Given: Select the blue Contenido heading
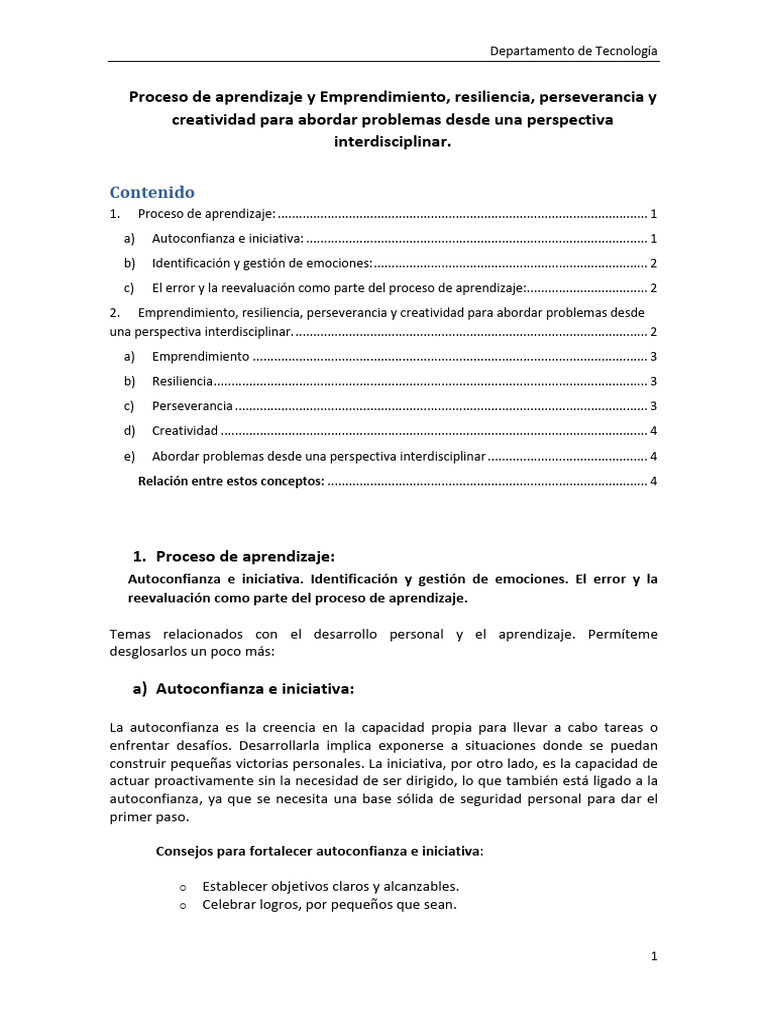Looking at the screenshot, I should click(x=152, y=192).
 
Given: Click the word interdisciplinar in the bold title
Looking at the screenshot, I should click(x=392, y=142).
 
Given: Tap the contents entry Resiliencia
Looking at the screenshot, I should click(x=182, y=381).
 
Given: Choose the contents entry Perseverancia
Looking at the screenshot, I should click(x=192, y=406).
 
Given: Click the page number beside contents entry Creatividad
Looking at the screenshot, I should click(x=653, y=431).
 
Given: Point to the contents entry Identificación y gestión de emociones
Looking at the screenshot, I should click(x=261, y=263).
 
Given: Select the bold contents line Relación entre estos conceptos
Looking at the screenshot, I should click(x=231, y=481).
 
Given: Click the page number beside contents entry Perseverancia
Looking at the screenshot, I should click(x=653, y=406).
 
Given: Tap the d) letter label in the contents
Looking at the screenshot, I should click(x=129, y=431).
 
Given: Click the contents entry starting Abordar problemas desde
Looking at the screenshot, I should click(x=318, y=456).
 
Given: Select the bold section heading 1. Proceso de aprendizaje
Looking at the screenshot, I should click(x=234, y=556).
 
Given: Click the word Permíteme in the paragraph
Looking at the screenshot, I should click(x=623, y=634).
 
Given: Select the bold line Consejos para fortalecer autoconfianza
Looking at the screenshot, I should click(x=319, y=851).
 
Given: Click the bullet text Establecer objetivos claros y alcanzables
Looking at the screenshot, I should click(x=330, y=886).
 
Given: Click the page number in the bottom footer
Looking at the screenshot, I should click(x=654, y=956).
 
